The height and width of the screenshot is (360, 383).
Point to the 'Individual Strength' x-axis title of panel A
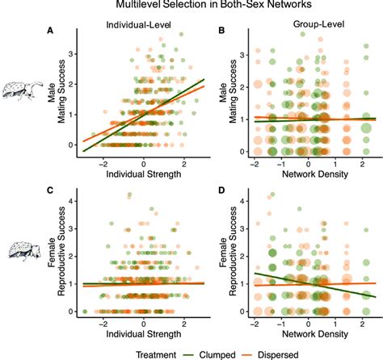144,173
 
